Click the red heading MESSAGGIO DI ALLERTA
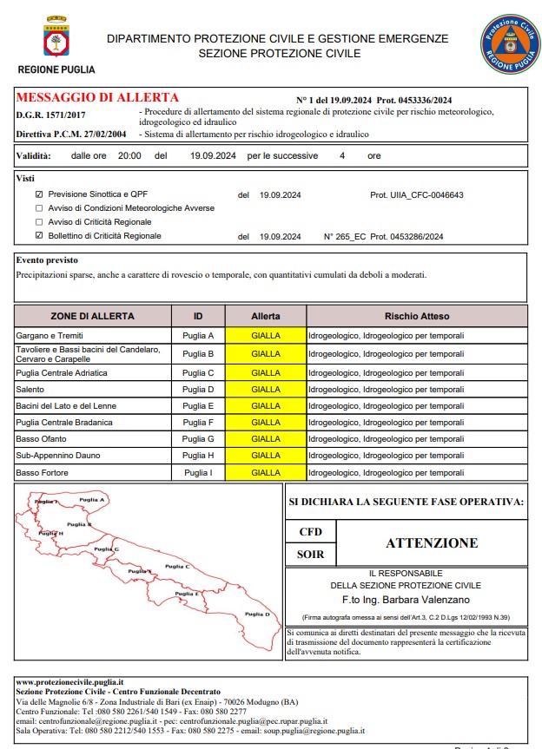point(97,98)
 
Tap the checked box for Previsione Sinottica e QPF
point(38,195)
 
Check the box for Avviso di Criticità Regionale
point(38,222)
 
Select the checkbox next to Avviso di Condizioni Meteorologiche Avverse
point(38,208)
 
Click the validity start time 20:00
point(129,156)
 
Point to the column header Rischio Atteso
point(417,316)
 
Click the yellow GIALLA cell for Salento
point(265,390)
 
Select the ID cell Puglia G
point(198,439)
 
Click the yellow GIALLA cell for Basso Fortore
point(265,473)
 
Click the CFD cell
point(310,531)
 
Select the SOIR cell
point(310,554)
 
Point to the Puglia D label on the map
point(257,614)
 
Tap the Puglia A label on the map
point(92,500)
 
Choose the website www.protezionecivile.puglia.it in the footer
point(69,682)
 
